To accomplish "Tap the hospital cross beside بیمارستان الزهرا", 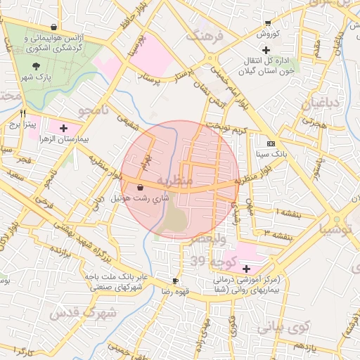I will [x=64, y=128].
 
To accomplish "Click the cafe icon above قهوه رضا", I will [x=175, y=281].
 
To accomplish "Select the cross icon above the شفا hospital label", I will [x=246, y=269].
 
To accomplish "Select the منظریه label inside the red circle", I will [x=173, y=181].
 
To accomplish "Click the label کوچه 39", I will [x=207, y=261].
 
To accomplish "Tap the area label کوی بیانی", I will [x=283, y=326].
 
